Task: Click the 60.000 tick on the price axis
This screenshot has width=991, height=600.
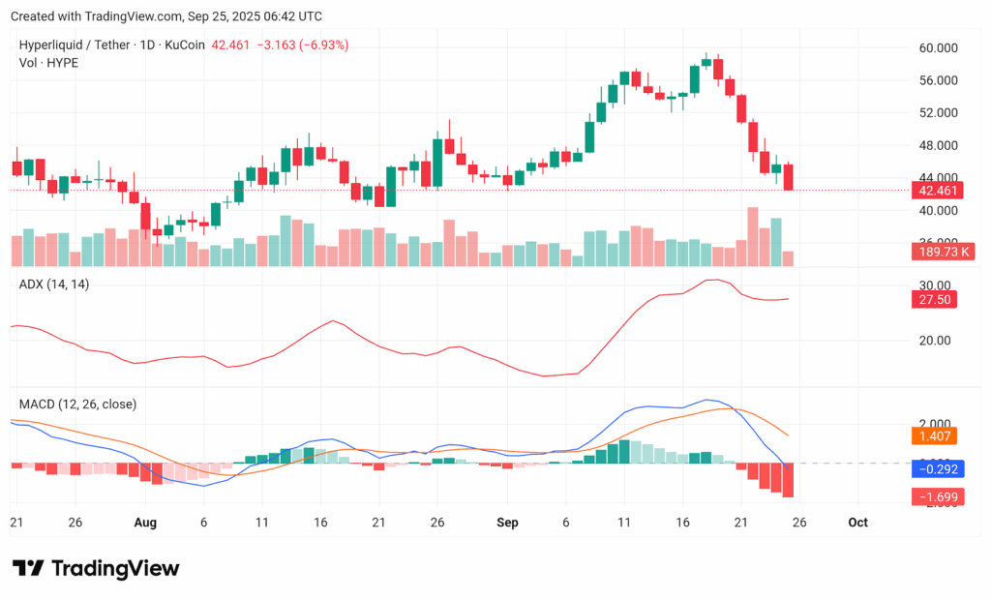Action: click(x=937, y=48)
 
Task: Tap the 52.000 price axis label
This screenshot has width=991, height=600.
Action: click(x=937, y=113)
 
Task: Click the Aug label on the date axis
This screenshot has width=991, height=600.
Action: click(x=145, y=523)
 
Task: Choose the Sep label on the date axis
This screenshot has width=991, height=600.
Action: click(x=508, y=523)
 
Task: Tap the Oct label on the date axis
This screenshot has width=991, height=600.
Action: click(x=857, y=523)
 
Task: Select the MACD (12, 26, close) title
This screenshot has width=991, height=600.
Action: click(x=78, y=404)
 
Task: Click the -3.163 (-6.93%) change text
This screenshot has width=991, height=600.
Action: click(x=300, y=45)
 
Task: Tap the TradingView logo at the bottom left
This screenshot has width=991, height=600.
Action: click(x=95, y=568)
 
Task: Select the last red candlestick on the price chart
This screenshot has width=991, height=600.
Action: click(x=789, y=177)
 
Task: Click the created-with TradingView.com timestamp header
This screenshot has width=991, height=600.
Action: click(x=166, y=16)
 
